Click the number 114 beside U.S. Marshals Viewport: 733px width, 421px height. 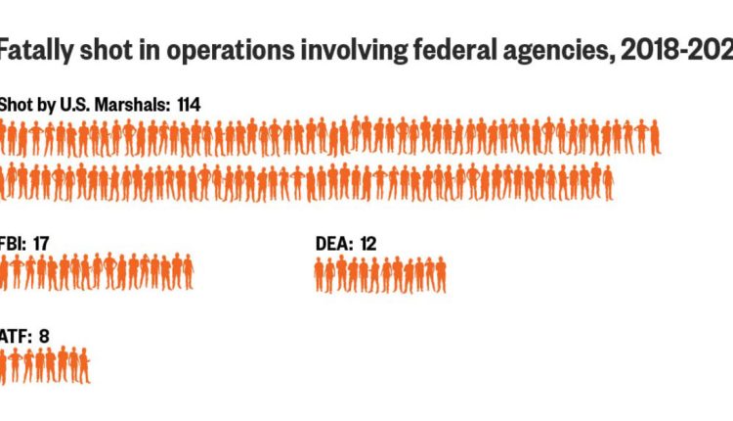pyautogui.click(x=192, y=104)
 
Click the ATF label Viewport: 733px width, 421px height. pyautogui.click(x=14, y=336)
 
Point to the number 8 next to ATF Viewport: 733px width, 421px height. pyautogui.click(x=44, y=336)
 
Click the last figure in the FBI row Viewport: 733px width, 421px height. pyautogui.click(x=188, y=272)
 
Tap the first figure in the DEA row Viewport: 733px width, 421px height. pyautogui.click(x=320, y=275)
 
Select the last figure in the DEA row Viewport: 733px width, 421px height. pyautogui.click(x=441, y=275)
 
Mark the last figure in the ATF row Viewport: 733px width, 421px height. pyautogui.click(x=85, y=365)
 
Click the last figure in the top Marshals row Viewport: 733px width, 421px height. pyautogui.click(x=655, y=136)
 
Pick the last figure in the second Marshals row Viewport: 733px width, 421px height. pyautogui.click(x=608, y=182)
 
